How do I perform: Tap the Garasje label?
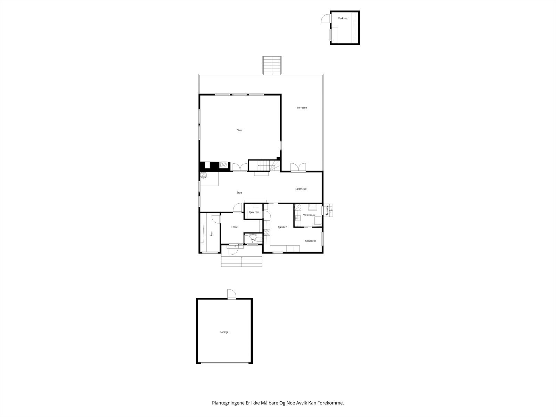point(224,332)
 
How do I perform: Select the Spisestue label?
point(301,189)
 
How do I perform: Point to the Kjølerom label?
point(254,212)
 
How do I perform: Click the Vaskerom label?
point(309,215)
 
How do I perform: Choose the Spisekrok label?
point(310,240)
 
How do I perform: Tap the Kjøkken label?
point(282,227)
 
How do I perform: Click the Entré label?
point(235,227)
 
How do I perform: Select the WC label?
point(253,239)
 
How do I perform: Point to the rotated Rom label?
point(211,234)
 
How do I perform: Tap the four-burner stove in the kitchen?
point(267,232)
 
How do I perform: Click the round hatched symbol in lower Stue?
point(204,175)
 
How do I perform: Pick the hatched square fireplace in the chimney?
point(224,165)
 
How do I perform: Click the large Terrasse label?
point(302,108)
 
